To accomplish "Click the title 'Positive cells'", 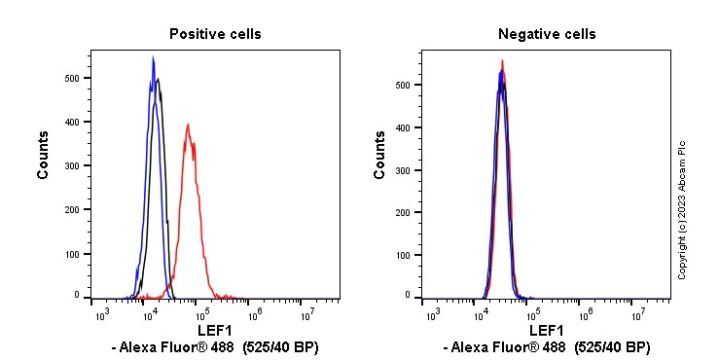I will point(215,34).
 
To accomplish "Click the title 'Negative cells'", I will point(547,34).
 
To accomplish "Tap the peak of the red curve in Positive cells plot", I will point(188,125).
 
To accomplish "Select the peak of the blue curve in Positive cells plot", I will point(153,58).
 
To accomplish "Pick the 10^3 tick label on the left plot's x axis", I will point(99,315).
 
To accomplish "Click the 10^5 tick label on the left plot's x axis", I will point(202,315).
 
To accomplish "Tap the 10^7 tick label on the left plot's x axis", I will point(306,315).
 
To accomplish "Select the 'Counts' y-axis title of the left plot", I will point(44,155).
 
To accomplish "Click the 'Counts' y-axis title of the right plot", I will point(380,155).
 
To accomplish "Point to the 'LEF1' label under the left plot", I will point(215,331).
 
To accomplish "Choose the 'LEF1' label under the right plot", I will point(547,331).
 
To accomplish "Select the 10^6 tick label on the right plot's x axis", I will point(586,315).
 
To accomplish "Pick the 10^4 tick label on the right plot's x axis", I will point(482,315).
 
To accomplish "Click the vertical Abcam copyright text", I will point(682,209).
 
